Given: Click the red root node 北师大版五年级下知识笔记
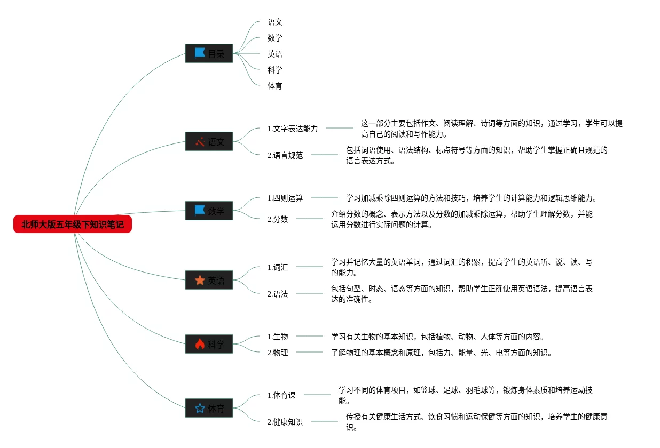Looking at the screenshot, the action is (x=72, y=225).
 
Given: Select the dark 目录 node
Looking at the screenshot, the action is (x=209, y=53).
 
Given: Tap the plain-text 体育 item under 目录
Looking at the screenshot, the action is (x=275, y=86).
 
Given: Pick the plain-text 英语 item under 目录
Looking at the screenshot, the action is (x=275, y=54).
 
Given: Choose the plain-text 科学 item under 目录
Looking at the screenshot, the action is (x=275, y=70).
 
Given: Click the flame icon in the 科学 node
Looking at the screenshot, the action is (x=200, y=344).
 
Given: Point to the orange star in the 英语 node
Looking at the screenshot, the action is (x=200, y=280).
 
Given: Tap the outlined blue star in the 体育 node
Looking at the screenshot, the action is (x=200, y=409).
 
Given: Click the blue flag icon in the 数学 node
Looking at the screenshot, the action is (x=200, y=211).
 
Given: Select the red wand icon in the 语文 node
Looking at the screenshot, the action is (x=200, y=142).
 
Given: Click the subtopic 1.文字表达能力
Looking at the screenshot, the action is (x=292, y=129).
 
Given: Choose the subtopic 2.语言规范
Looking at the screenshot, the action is (x=285, y=155).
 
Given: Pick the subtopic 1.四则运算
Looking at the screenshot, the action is (x=285, y=198).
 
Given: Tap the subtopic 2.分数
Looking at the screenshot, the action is (x=277, y=219).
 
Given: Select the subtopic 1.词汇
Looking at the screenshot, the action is (x=277, y=267).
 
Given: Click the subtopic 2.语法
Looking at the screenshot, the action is (x=277, y=294).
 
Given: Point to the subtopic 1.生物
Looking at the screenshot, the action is (x=277, y=337).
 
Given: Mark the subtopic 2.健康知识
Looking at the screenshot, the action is (x=285, y=422).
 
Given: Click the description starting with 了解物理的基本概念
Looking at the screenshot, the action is (x=441, y=353).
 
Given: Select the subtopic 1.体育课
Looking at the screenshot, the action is (x=281, y=395).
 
